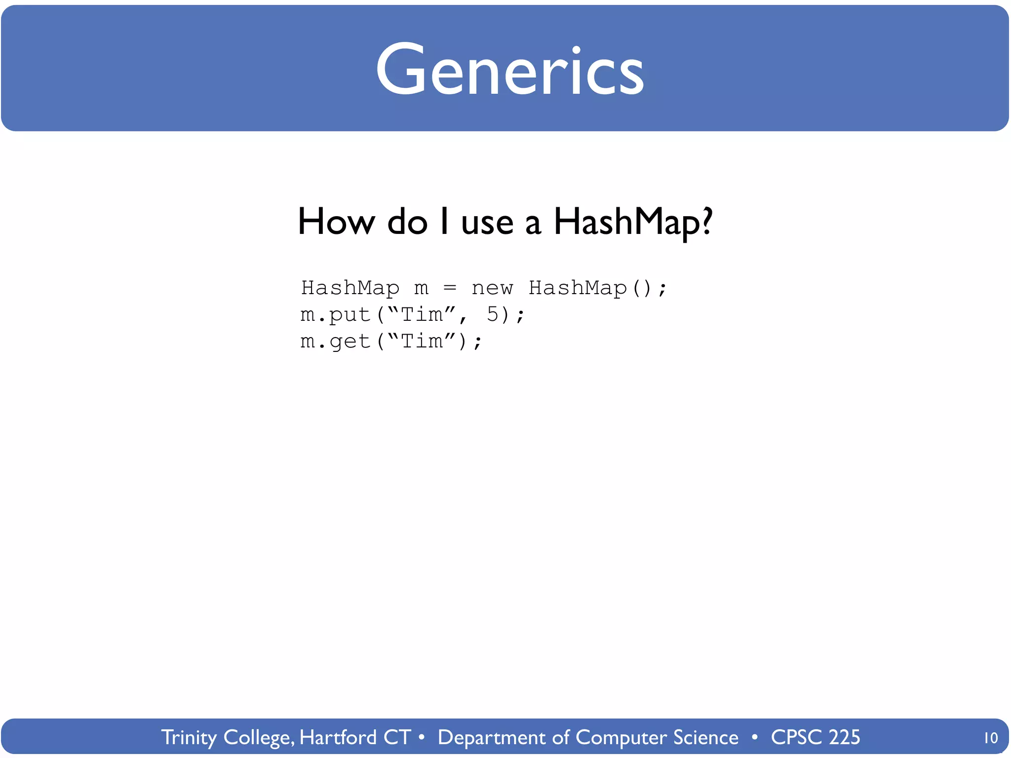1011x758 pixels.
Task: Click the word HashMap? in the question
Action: pyautogui.click(x=633, y=222)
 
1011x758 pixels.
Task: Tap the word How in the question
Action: pyautogui.click(x=336, y=222)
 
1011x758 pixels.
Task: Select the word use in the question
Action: pyautogui.click(x=487, y=223)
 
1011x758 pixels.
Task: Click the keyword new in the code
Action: pyautogui.click(x=492, y=288)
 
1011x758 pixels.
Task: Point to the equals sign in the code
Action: pyautogui.click(x=450, y=288)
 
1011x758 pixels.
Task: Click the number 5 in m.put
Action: pyautogui.click(x=493, y=314)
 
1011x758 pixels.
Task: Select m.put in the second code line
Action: pyautogui.click(x=335, y=315)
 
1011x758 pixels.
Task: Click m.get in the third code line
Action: pyautogui.click(x=335, y=341)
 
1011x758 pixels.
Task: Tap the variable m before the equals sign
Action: pyautogui.click(x=421, y=288)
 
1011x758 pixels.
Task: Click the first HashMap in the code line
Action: pyautogui.click(x=350, y=288)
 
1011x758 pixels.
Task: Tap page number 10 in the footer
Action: pyautogui.click(x=990, y=738)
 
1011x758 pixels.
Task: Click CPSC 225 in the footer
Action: pyautogui.click(x=815, y=737)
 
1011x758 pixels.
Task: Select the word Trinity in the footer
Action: pyautogui.click(x=189, y=737)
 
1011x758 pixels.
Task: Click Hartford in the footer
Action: pyautogui.click(x=338, y=737)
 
